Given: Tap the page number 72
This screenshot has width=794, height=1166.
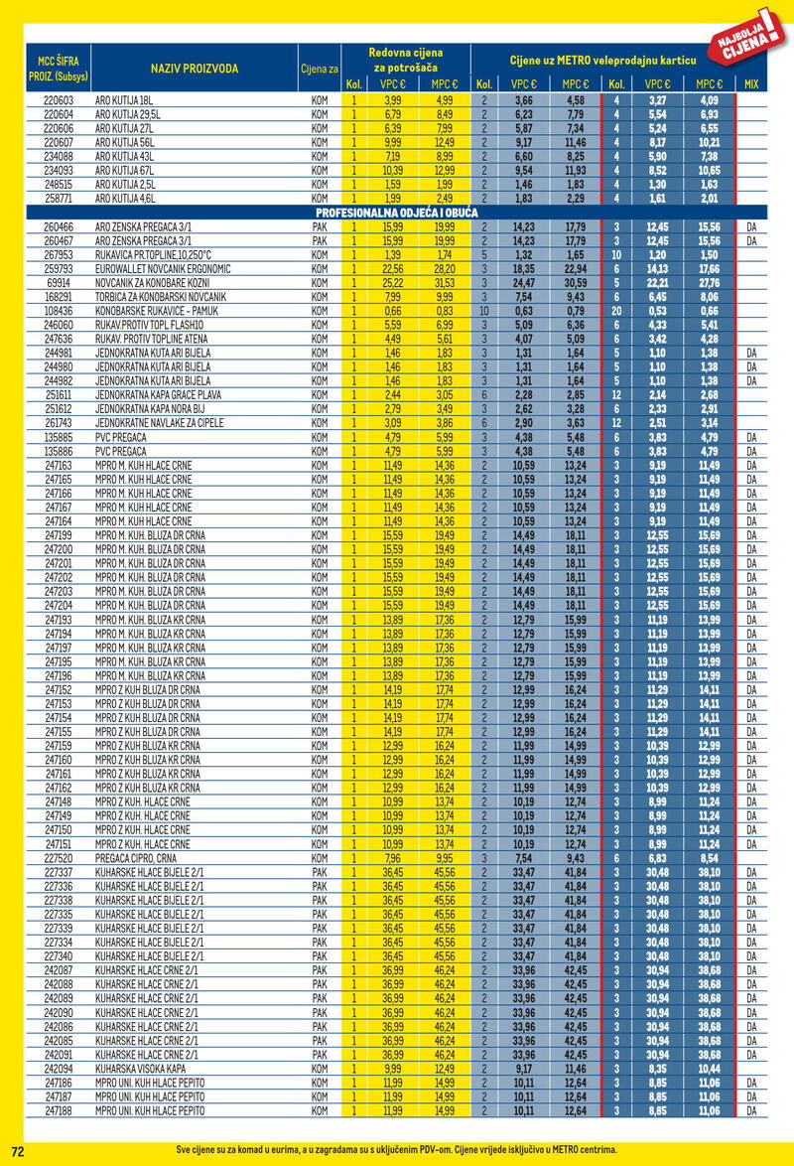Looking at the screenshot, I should (17, 1150).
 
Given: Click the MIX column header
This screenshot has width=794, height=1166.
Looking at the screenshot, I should (750, 84).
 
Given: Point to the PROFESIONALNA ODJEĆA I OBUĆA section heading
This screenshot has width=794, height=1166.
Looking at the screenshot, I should (396, 214).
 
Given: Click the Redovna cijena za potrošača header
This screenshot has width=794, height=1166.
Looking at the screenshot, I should (405, 59).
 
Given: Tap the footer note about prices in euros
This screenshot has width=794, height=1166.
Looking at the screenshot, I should (396, 1150).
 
